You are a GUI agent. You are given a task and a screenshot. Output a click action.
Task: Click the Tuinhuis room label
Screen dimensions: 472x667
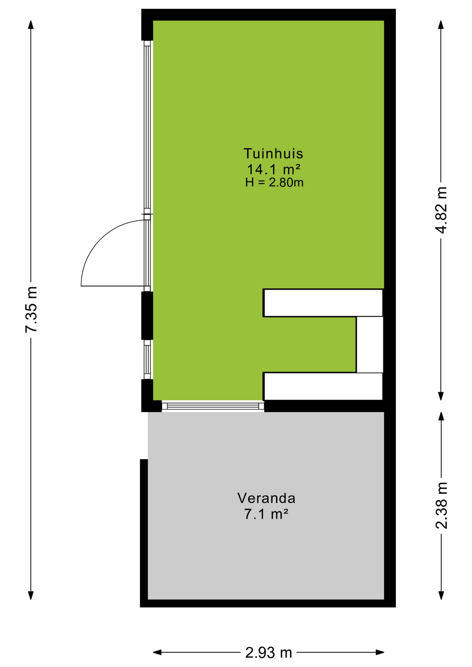(x=273, y=154)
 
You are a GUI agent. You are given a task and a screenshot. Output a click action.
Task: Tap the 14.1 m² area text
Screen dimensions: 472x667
(x=274, y=170)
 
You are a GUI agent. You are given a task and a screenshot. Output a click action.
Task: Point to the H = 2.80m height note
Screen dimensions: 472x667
(x=274, y=182)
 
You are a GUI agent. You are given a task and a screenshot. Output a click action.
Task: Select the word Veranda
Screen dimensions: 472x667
(x=266, y=498)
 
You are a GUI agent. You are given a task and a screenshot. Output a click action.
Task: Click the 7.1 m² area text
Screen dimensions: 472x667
(x=266, y=514)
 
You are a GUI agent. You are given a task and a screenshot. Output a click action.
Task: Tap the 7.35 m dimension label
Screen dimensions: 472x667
(x=31, y=310)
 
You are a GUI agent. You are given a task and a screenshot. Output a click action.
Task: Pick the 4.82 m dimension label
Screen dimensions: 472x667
(x=441, y=210)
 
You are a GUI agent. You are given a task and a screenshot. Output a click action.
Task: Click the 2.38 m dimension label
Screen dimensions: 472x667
(x=441, y=506)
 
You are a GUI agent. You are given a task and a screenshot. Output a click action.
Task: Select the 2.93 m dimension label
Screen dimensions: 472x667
(x=269, y=653)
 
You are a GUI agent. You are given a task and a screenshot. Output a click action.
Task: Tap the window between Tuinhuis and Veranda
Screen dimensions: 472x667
(x=213, y=406)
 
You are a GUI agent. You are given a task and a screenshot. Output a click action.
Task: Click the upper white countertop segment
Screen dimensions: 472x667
(x=323, y=303)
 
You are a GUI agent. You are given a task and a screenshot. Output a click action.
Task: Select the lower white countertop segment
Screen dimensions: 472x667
(x=323, y=386)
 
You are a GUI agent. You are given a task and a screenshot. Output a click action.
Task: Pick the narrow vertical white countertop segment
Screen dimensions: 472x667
(x=370, y=345)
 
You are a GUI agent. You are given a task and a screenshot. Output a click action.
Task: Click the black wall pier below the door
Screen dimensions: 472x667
(x=147, y=315)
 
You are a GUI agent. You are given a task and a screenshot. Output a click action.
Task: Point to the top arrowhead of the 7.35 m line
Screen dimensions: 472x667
(x=31, y=25)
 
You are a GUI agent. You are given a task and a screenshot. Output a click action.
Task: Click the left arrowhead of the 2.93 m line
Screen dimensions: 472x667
(x=157, y=652)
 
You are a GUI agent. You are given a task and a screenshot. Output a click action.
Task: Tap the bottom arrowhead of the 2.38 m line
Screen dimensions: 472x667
(x=441, y=595)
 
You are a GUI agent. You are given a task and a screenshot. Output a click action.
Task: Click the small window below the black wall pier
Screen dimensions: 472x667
(x=147, y=360)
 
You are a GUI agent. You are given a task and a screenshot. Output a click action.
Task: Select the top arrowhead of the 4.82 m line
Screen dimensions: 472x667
(x=441, y=25)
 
